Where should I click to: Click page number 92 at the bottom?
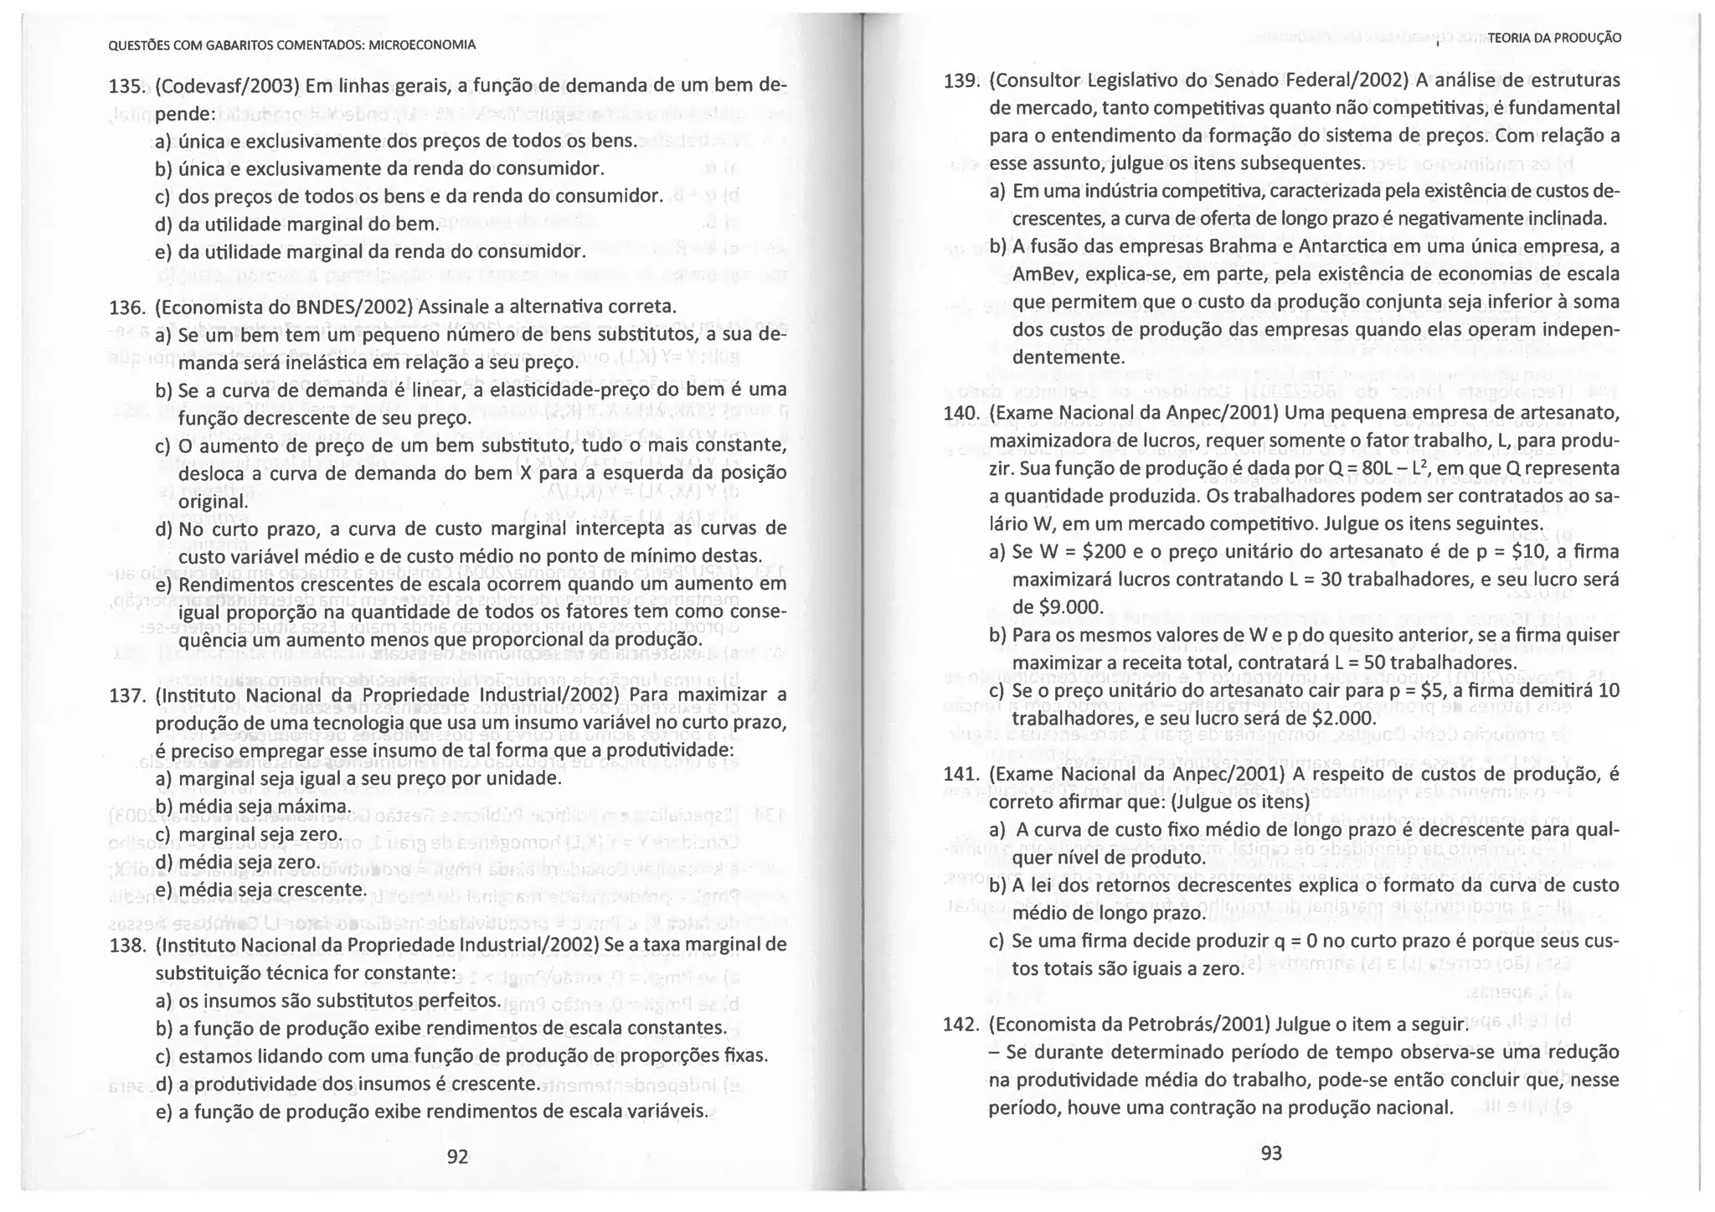[x=457, y=1157]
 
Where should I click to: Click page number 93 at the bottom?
[x=1271, y=1153]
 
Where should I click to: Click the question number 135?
[x=127, y=87]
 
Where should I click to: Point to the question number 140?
[x=961, y=413]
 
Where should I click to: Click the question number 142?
[x=961, y=1025]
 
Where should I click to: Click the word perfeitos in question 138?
[x=459, y=1001]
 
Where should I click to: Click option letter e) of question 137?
[x=165, y=890]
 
